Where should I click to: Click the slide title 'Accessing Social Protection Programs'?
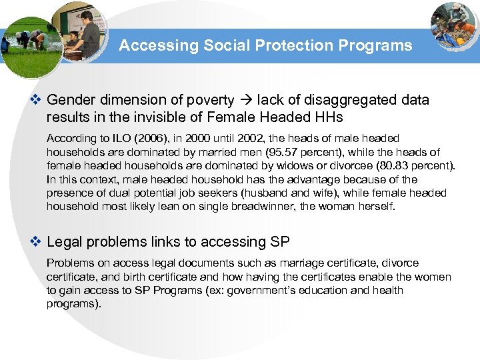pos(265,46)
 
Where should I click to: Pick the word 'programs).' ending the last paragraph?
pos(74,303)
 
